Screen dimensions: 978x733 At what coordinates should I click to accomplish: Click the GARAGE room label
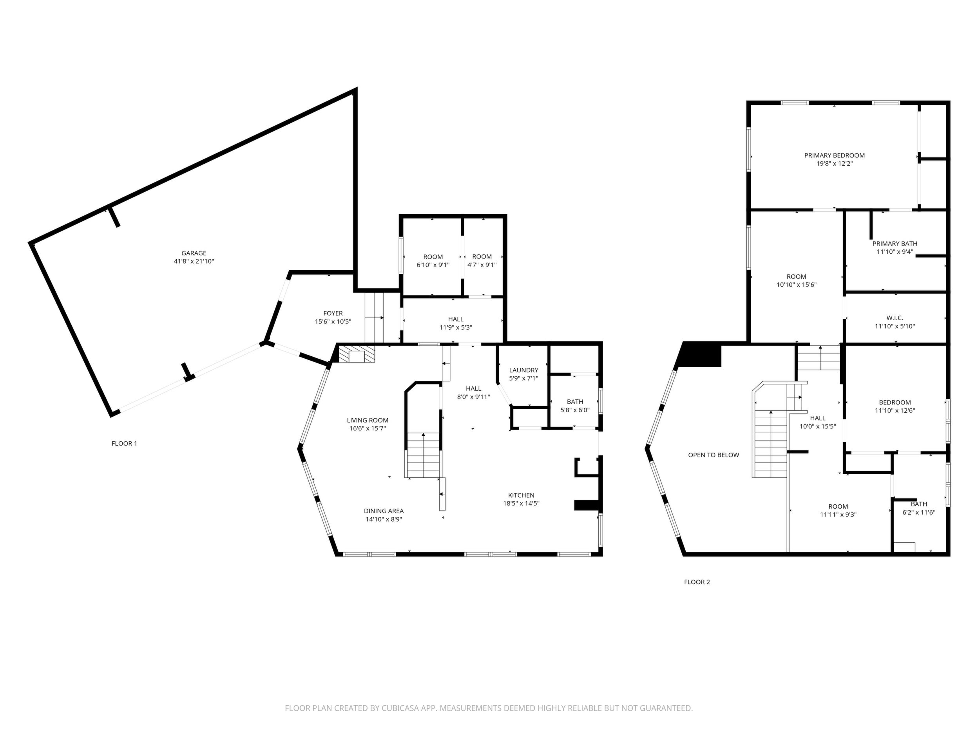[194, 253]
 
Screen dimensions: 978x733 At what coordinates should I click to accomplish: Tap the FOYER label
[333, 313]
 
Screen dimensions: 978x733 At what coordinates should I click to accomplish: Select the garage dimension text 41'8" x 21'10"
[194, 261]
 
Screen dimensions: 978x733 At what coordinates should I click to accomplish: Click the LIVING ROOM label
[368, 420]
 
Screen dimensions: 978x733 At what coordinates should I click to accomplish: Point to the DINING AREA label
[383, 511]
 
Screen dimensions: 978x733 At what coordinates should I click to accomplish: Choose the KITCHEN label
[521, 495]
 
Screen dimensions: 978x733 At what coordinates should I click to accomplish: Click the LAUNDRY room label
[523, 370]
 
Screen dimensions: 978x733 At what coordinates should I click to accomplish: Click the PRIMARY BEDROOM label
[834, 155]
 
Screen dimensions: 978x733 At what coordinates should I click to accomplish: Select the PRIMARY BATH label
[895, 244]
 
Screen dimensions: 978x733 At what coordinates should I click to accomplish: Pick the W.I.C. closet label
[895, 318]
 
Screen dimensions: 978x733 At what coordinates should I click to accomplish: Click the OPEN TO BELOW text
[713, 455]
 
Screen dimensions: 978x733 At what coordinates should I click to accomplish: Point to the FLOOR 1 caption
[124, 444]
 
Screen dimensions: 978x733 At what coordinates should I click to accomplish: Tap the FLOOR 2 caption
[697, 582]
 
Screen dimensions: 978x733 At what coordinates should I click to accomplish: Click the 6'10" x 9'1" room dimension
[433, 265]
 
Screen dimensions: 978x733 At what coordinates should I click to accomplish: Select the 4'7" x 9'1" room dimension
[482, 265]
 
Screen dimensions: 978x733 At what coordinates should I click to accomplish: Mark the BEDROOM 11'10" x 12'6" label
[895, 406]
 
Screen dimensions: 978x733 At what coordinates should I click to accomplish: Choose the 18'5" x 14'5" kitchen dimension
[521, 503]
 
